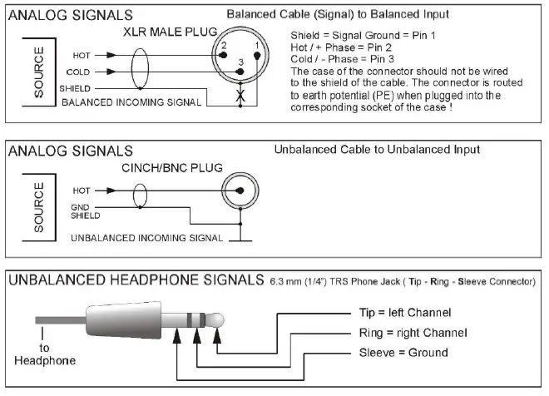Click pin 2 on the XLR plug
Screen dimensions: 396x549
(223, 55)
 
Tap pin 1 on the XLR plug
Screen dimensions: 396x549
(258, 55)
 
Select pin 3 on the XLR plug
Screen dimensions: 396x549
(240, 72)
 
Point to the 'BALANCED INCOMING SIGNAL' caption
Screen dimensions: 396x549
(131, 101)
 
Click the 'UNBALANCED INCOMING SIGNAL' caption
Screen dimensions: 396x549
(147, 237)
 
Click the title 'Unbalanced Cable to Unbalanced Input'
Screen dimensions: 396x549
(377, 150)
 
